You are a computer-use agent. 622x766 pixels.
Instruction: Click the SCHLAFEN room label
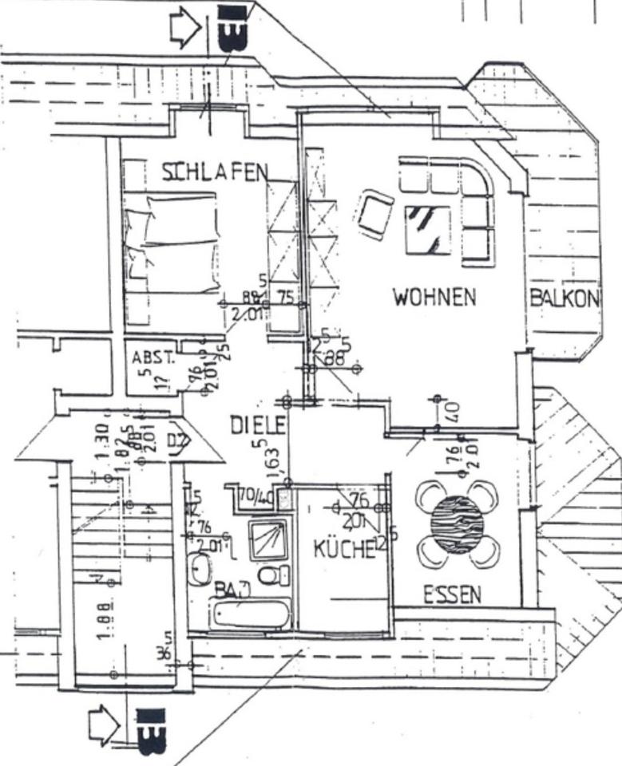[x=214, y=172]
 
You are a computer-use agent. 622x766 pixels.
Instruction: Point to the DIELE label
[x=257, y=425]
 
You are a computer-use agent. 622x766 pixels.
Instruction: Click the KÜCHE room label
[x=343, y=548]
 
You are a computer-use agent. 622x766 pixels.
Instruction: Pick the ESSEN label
[x=452, y=594]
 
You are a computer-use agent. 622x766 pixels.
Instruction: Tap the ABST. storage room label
[x=152, y=358]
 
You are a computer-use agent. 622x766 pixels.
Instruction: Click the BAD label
[x=232, y=590]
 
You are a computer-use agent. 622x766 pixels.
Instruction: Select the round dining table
[x=458, y=524]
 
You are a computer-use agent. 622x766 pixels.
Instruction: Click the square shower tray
[x=268, y=539]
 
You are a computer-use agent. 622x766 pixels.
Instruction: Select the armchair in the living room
[x=375, y=214]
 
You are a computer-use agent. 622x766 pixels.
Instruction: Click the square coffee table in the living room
[x=428, y=230]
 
